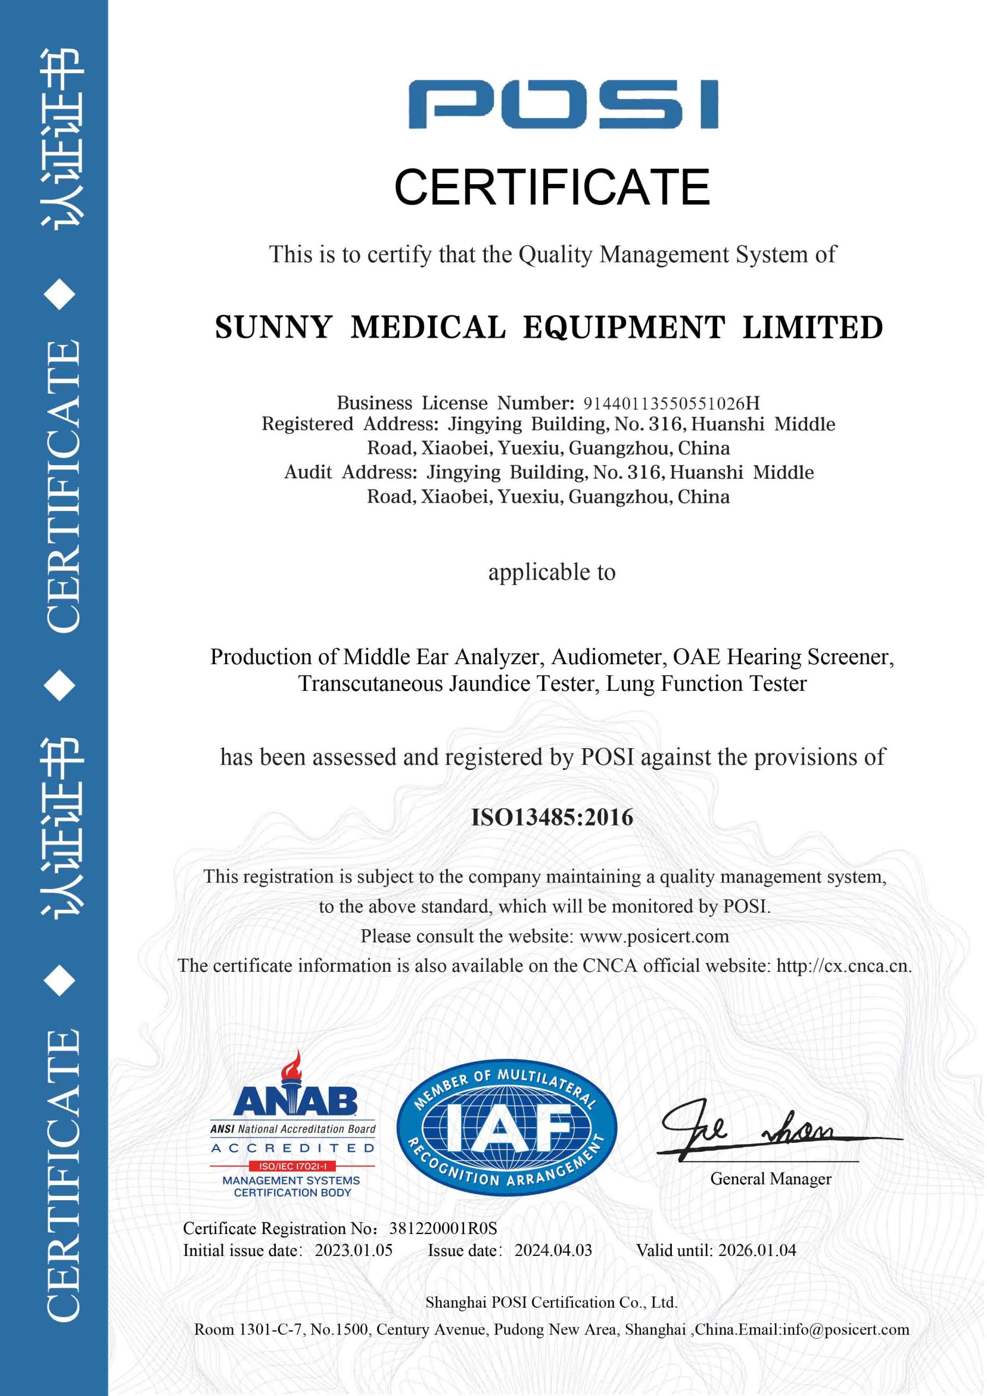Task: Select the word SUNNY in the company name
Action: [273, 327]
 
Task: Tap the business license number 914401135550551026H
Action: [671, 403]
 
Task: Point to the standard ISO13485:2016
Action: [552, 817]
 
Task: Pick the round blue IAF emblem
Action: [507, 1130]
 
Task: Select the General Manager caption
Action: [770, 1179]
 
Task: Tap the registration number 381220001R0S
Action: [443, 1228]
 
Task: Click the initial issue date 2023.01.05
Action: [353, 1250]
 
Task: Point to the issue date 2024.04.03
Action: [553, 1250]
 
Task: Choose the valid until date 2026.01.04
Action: [756, 1250]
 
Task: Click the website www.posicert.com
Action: [654, 936]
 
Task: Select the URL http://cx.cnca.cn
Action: [842, 966]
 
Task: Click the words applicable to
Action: [552, 572]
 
